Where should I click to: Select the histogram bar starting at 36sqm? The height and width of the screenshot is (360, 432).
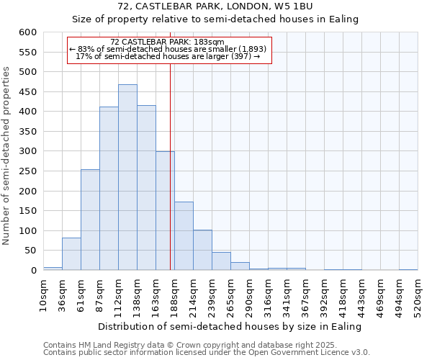(71, 254)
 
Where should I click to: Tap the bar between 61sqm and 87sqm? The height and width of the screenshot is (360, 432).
(90, 220)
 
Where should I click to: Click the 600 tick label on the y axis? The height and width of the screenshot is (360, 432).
(27, 32)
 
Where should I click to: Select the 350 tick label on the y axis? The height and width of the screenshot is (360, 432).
(27, 132)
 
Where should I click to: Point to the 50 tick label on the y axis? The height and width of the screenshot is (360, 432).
(30, 251)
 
